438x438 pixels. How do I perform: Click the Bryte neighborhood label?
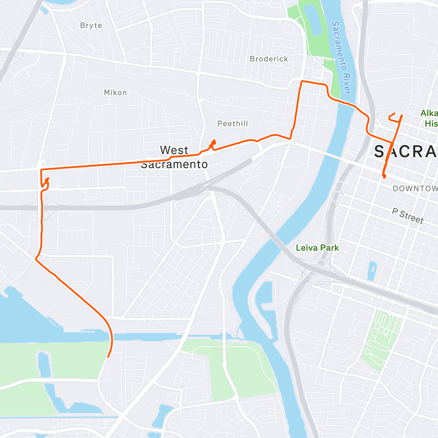click(x=91, y=26)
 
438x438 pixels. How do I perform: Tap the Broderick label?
click(x=269, y=59)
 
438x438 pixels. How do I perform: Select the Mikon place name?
click(x=115, y=93)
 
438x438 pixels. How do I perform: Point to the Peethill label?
click(x=233, y=124)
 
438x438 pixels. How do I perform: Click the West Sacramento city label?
click(x=174, y=157)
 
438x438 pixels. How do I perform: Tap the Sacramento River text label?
click(x=341, y=57)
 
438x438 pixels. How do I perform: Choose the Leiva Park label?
click(x=317, y=248)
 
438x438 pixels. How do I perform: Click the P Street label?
click(x=408, y=216)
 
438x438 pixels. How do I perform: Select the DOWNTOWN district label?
click(x=415, y=188)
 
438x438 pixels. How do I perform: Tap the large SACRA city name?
click(x=405, y=151)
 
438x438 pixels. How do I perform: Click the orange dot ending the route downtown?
click(x=384, y=177)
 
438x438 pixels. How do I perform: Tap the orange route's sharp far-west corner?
click(x=41, y=170)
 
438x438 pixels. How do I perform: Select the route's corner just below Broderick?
click(x=301, y=82)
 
